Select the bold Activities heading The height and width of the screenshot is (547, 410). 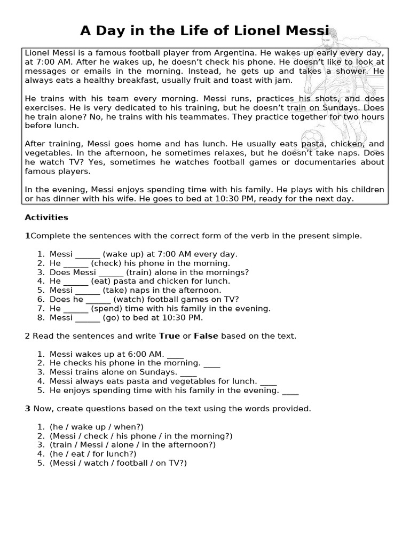(46, 217)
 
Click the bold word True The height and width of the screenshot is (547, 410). (170, 336)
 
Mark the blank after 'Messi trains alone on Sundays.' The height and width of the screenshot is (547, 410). (188, 372)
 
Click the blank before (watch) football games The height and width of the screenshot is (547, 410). (98, 299)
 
